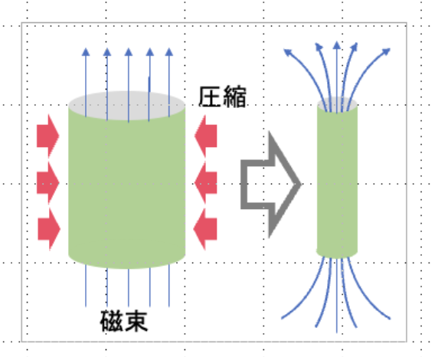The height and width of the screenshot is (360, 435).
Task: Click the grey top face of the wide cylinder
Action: point(127,103)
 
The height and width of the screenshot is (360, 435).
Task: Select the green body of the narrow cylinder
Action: point(338,184)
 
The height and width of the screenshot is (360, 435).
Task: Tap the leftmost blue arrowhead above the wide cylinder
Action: point(86,53)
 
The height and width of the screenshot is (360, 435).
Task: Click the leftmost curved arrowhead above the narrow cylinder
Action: point(289,52)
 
